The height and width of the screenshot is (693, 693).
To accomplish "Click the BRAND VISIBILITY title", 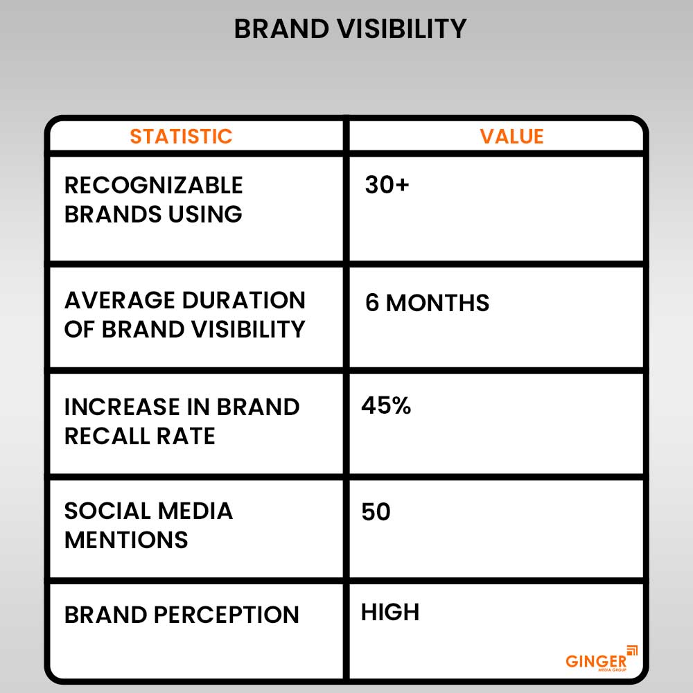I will (x=350, y=29).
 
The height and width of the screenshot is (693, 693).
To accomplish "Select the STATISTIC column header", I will (x=181, y=136).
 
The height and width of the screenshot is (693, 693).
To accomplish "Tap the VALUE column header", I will (x=511, y=136).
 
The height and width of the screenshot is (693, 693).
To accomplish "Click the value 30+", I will (x=387, y=185).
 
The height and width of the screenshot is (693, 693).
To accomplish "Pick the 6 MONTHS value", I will (x=427, y=303).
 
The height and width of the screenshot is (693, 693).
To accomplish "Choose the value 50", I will (x=376, y=512).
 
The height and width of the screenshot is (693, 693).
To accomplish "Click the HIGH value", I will (x=390, y=612).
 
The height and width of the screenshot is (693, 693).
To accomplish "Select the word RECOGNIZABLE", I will (x=154, y=185).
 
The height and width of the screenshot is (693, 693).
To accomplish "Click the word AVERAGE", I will (x=119, y=300).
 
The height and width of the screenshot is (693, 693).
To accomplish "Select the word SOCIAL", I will (x=103, y=511).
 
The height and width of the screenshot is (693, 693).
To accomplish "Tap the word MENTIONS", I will (x=126, y=540).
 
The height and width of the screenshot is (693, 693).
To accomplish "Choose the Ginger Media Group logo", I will (x=601, y=658).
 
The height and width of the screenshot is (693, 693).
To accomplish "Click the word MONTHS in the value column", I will (x=437, y=303).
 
